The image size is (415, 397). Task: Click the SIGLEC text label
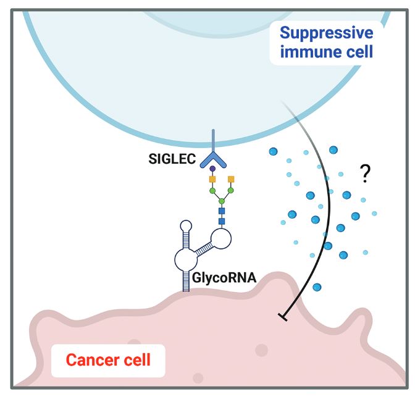pos(171,160)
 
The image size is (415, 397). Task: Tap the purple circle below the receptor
pos(213,168)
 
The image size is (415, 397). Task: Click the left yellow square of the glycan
pos(211,179)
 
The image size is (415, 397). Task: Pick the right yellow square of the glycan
pos(232,179)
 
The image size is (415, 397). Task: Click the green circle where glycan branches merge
pos(221,201)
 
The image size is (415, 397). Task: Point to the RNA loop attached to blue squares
pos(221,238)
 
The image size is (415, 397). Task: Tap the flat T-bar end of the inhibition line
pos(282,317)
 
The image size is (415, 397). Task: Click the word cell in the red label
pos(136,359)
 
